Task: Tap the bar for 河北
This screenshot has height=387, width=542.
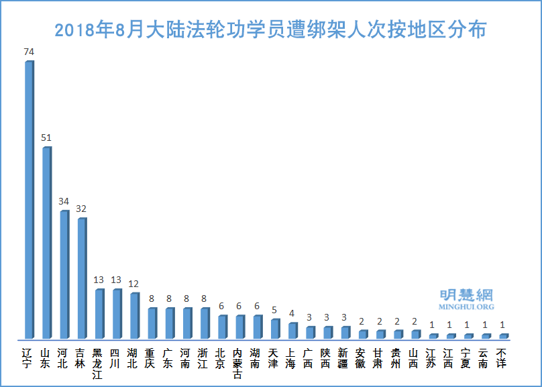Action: point(64,274)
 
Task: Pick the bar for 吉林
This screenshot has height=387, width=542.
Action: point(81,278)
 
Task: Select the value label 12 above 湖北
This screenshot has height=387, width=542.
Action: point(133,283)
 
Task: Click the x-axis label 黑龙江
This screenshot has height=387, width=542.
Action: point(98,363)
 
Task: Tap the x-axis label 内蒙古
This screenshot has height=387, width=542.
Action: point(238,363)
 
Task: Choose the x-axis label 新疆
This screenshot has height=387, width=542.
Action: point(343,358)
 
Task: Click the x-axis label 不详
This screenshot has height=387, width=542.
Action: point(502,358)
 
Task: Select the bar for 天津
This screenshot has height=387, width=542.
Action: point(274,329)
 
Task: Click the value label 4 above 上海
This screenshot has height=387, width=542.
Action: point(291,313)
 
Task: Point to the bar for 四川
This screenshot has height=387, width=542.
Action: point(116,313)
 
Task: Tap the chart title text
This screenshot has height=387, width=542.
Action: point(270,31)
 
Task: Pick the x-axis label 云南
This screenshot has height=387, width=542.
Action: point(484,358)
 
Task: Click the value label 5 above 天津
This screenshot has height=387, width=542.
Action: point(274,309)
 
